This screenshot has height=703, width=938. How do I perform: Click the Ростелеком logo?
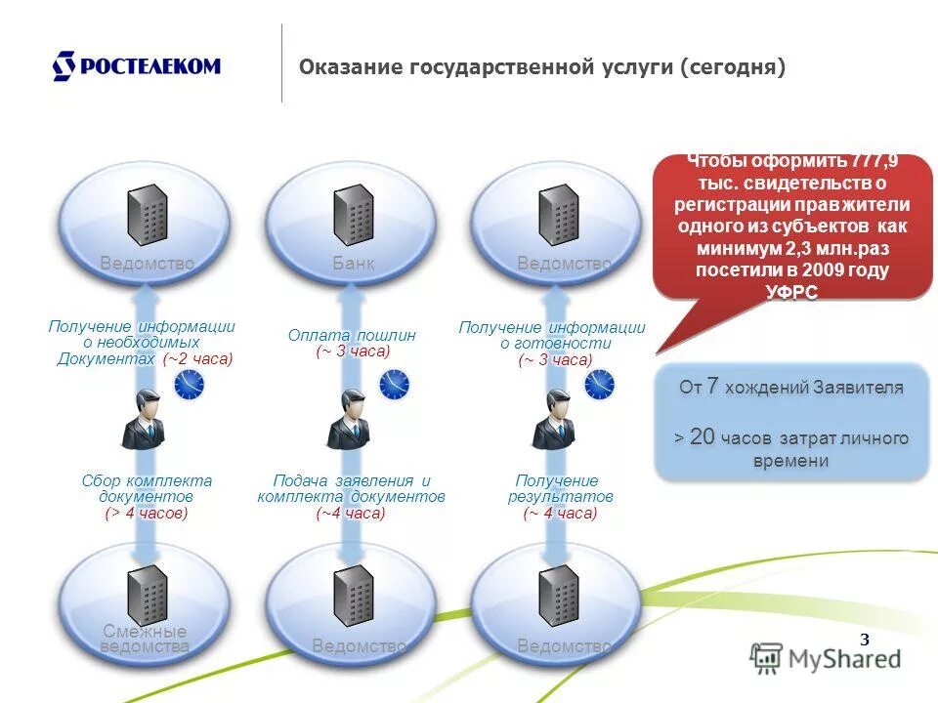pos(136,66)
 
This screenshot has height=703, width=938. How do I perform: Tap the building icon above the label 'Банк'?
pos(354,215)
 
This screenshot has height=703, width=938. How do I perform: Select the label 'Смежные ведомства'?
pos(145,639)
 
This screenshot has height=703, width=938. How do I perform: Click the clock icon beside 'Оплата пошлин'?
pos(395,385)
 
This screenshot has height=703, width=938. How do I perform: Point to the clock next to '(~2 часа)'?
pos(190,385)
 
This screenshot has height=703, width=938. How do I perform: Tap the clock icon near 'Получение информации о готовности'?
pos(600,385)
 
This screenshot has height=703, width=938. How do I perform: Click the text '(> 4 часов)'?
pos(147,513)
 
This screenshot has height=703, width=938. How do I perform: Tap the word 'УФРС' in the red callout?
pos(791,291)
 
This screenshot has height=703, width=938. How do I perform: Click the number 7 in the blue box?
pos(713,387)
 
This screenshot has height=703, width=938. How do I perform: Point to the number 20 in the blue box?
pos(703,436)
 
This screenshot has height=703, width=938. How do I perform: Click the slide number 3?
pos(864,641)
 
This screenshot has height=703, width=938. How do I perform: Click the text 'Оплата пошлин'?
pos(352,335)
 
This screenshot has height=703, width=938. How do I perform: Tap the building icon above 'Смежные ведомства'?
pos(149,594)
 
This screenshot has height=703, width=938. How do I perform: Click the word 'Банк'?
pos(353,264)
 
